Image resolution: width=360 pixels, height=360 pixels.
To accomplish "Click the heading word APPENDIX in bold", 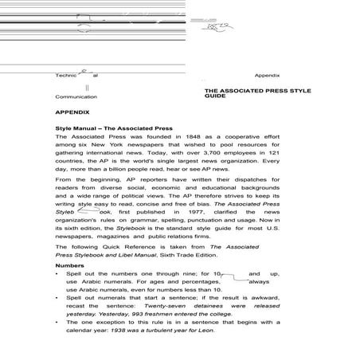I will pos(74,114).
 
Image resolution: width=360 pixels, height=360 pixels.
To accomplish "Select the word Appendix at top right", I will pos(267,75).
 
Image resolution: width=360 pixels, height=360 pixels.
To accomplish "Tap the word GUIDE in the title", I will pos(215,97).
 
